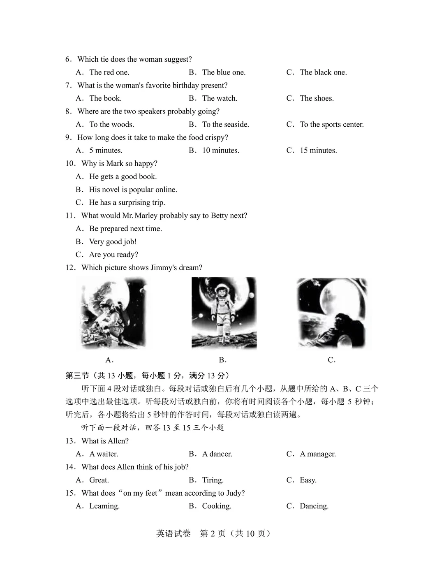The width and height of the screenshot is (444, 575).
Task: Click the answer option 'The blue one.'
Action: [223, 72]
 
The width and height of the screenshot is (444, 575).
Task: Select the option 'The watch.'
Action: [220, 98]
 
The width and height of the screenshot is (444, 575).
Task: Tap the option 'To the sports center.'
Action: [331, 124]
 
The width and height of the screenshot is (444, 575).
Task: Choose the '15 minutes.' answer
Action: [318, 151]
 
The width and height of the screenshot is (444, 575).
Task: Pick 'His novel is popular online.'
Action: [133, 190]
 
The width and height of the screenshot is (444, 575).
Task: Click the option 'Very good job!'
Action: [113, 241]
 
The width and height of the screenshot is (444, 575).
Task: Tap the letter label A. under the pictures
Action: [109, 360]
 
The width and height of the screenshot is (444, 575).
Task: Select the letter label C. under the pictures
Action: [332, 360]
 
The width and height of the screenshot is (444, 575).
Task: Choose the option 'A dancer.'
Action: [217, 454]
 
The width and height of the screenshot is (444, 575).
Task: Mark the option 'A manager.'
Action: [317, 454]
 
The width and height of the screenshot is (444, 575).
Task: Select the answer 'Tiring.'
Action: [213, 480]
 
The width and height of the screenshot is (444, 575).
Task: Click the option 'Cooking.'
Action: [216, 506]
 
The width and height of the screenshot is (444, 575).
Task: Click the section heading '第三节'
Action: [77, 376]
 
